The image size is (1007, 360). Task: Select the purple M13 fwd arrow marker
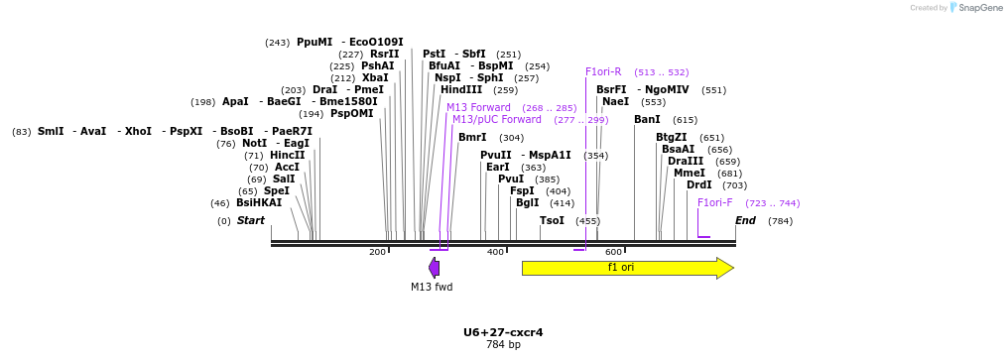(434, 268)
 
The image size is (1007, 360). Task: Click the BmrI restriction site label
(472, 138)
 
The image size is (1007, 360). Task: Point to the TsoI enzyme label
(552, 220)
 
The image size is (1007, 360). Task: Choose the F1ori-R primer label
(603, 72)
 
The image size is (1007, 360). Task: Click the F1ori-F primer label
(714, 203)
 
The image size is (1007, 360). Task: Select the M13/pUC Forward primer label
(497, 120)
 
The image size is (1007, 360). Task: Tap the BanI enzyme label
(647, 120)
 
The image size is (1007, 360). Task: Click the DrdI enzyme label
(699, 185)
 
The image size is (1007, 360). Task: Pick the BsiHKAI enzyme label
(259, 203)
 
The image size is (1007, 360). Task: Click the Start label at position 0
(250, 220)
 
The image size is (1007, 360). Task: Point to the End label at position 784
(745, 220)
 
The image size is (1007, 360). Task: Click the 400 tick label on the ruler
(495, 253)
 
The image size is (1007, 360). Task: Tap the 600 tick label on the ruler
(613, 253)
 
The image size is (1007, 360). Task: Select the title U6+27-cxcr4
(503, 333)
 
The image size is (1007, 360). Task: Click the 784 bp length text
(503, 346)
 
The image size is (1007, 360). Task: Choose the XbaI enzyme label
(375, 77)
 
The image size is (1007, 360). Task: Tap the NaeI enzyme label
(615, 102)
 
